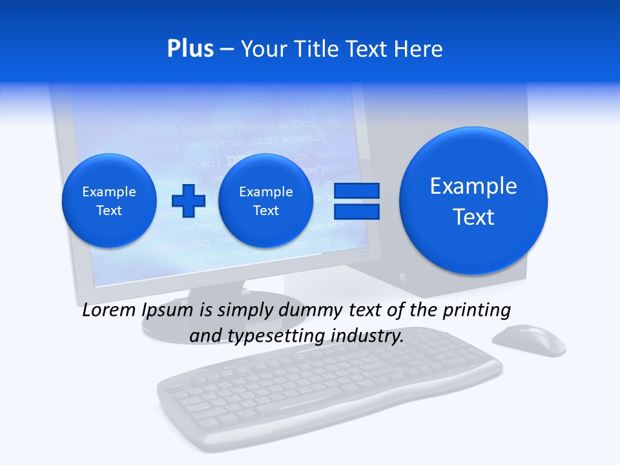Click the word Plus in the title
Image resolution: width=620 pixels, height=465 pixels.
[x=190, y=49]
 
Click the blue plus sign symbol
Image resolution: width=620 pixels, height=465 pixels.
[x=188, y=201]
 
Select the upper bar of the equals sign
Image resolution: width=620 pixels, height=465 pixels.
[x=356, y=191]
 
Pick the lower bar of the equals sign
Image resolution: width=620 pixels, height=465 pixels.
[x=356, y=211]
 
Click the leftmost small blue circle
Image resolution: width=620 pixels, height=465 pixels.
[x=109, y=201]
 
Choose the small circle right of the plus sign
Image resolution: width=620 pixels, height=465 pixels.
[x=265, y=201]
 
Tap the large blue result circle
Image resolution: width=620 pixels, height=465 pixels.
[x=473, y=200]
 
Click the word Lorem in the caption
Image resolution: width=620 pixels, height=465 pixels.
[x=110, y=311]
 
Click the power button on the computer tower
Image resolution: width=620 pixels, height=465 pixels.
[x=404, y=278]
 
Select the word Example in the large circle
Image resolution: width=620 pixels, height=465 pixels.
[x=473, y=186]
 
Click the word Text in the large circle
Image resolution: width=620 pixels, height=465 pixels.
[x=473, y=217]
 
